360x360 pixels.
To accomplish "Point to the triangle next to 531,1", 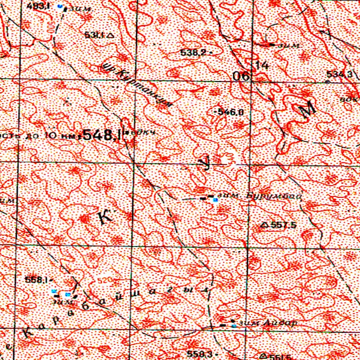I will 111,35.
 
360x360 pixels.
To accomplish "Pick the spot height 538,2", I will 193,53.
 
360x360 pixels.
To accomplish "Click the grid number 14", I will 262,66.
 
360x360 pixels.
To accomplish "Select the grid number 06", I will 244,77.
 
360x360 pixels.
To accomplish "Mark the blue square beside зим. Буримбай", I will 215,200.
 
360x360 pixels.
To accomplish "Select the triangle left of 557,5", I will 264,225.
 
